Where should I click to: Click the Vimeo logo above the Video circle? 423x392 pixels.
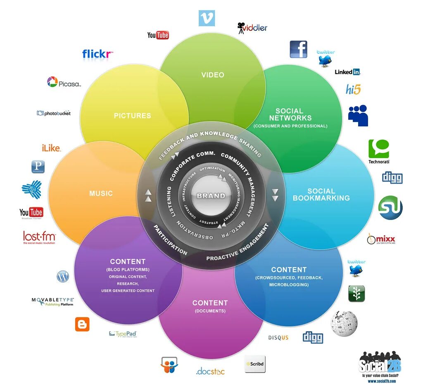(207, 18)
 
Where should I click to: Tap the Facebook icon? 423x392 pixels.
(298, 50)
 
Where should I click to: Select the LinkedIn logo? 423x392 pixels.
(347, 72)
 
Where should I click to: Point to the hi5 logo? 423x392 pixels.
(354, 89)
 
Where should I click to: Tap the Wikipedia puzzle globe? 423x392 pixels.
(344, 323)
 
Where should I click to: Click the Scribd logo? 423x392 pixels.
(254, 364)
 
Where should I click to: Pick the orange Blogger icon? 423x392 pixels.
(82, 324)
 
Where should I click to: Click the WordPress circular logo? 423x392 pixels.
(63, 277)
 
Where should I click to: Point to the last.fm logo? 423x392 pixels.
(39, 237)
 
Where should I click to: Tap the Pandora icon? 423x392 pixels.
(38, 167)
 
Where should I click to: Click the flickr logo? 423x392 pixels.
(97, 54)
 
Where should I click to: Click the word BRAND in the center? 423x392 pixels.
(211, 196)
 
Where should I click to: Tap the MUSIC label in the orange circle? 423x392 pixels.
(101, 193)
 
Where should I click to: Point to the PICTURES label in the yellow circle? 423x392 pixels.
(132, 116)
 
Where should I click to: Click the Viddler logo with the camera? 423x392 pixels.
(252, 28)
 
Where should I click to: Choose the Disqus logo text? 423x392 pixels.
(278, 338)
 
